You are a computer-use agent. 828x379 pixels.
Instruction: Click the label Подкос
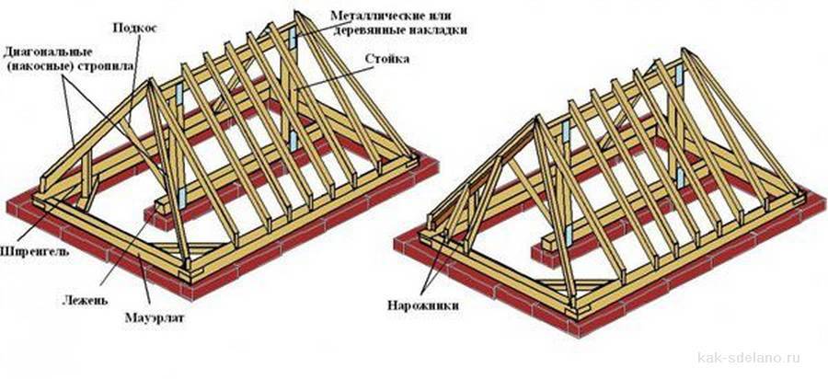pos(135,29)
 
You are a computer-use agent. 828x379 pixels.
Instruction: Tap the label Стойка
pos(386,60)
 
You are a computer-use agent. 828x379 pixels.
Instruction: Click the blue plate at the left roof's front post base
pos(183,196)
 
